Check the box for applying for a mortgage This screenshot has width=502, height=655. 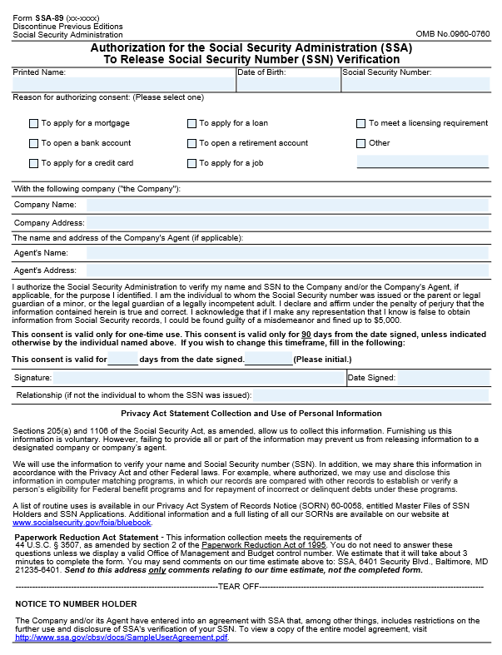pos(34,124)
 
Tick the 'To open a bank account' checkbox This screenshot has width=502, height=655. pos(34,144)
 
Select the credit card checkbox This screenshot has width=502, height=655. pos(34,164)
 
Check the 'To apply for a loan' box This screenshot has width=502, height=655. pos(192,124)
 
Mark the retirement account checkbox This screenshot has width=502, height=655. pos(192,144)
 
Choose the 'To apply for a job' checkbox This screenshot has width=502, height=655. pos(192,164)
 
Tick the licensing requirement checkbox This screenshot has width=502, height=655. pos(361,124)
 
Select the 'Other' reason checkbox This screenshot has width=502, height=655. pos(361,144)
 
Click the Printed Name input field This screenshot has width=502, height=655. pos(123,84)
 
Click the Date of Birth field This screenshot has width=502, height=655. pos(288,84)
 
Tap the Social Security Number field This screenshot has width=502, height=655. pos(416,84)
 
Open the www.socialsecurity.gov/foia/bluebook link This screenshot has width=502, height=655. pos(82,523)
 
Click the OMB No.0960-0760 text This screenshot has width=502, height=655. pos(451,34)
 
